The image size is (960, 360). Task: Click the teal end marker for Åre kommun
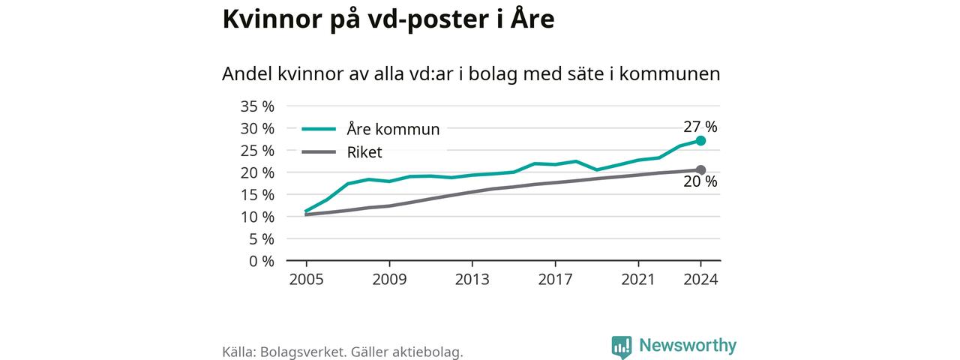(x=700, y=140)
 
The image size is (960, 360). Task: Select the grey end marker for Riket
(x=700, y=169)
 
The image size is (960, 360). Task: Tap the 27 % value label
(x=700, y=127)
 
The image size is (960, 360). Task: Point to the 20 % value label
(x=700, y=182)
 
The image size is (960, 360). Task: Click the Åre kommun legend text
(x=393, y=129)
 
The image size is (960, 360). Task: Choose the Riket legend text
(x=364, y=152)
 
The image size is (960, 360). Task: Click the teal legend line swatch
(x=318, y=129)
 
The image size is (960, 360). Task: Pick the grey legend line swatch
(x=318, y=152)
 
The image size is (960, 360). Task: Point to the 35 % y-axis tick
(x=256, y=106)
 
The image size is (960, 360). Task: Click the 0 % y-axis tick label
(x=261, y=261)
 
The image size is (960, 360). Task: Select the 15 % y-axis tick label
(x=256, y=194)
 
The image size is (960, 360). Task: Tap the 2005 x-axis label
(x=306, y=280)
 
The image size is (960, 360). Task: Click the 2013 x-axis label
(x=472, y=280)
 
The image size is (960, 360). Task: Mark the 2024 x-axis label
(x=700, y=280)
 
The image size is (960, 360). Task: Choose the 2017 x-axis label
(x=554, y=280)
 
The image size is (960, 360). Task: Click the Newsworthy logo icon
(x=621, y=346)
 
